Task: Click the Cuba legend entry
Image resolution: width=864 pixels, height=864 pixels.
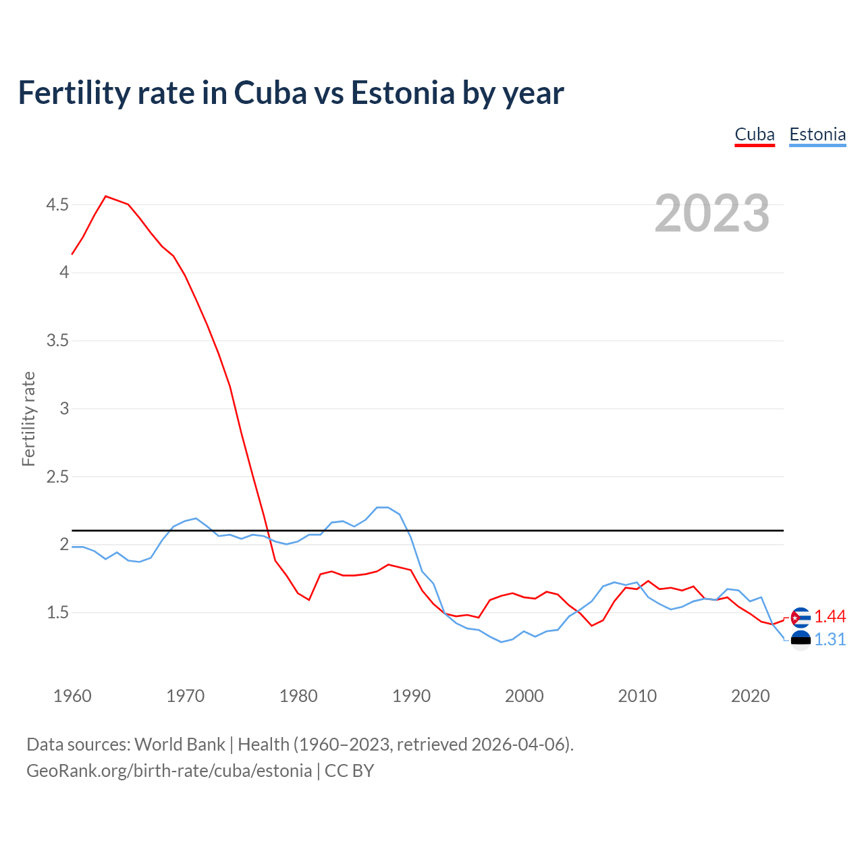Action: click(754, 134)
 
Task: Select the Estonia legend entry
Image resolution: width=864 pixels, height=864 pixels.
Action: click(817, 134)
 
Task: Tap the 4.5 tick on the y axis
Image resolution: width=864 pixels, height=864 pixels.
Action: click(57, 205)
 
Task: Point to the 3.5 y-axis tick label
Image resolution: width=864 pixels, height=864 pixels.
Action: click(57, 340)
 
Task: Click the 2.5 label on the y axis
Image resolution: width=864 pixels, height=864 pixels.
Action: click(57, 477)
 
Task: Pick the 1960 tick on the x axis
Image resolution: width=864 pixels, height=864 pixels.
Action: click(72, 696)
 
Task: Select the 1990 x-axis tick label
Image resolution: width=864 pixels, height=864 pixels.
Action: click(411, 696)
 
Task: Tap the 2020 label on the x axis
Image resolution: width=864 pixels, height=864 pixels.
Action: click(750, 696)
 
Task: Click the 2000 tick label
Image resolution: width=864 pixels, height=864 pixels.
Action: click(524, 696)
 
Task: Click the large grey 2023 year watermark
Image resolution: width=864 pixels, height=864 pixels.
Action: click(711, 213)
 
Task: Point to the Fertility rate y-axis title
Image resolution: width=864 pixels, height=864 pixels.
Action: click(28, 418)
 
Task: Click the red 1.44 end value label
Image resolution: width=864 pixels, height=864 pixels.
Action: click(830, 616)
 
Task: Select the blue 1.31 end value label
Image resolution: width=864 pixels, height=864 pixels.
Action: click(830, 639)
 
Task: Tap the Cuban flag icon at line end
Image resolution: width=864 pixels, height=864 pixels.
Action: click(800, 617)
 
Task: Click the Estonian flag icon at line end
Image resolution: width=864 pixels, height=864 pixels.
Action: click(800, 640)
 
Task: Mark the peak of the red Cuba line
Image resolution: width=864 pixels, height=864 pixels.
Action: click(106, 196)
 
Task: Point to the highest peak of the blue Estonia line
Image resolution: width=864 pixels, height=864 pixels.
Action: click(382, 507)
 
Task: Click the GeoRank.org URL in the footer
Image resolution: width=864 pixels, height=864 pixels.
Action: click(169, 771)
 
